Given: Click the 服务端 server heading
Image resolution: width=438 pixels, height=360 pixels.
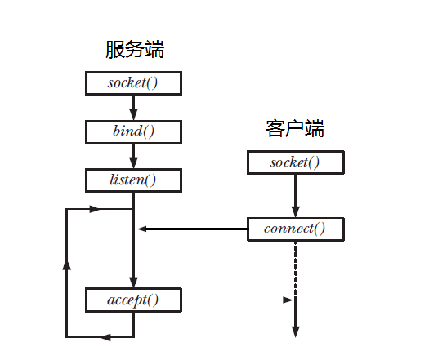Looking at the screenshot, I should (135, 50).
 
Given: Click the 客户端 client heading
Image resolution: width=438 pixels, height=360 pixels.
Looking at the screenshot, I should (295, 128).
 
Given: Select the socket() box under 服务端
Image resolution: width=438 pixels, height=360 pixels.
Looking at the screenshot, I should (133, 83).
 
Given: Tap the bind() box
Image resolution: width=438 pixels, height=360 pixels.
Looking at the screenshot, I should (133, 131).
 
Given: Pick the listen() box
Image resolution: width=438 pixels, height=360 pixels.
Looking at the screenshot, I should (133, 180).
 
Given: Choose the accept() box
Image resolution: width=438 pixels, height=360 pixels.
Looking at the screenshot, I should (133, 300).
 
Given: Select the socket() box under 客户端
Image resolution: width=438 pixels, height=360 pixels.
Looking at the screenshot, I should (295, 162).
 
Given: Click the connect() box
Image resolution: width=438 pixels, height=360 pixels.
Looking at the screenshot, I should (295, 229).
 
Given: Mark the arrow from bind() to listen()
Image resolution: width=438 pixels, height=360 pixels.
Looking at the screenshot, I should (133, 155).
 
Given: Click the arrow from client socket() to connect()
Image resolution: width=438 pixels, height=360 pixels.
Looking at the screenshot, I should (295, 196).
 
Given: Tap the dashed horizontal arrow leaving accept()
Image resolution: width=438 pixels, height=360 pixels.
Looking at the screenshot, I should (237, 300).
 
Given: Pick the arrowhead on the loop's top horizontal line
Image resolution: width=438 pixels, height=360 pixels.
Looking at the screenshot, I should (95, 209).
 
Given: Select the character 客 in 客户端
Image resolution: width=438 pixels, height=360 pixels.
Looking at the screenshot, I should (275, 128).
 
